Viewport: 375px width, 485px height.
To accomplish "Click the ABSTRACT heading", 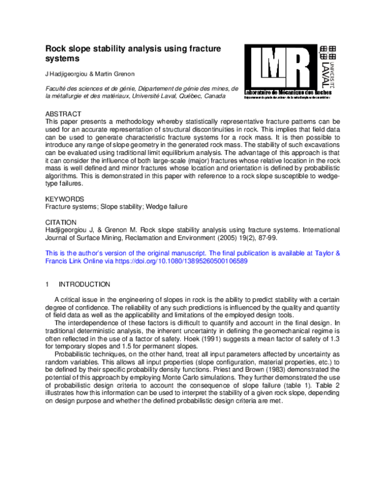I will tap(64, 114).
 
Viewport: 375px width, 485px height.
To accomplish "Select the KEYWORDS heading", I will tap(64, 197).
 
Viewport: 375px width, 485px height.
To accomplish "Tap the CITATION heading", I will tap(62, 222).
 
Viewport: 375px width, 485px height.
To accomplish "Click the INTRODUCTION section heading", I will tap(89, 284).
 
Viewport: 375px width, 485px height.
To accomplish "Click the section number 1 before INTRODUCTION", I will tap(48, 284).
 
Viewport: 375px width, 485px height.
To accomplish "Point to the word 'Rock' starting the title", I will tap(56, 48).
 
